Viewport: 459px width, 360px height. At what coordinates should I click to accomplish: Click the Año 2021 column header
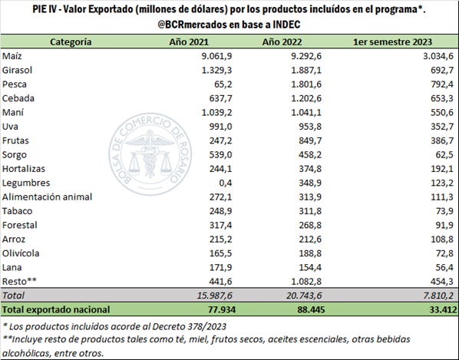tap(189, 42)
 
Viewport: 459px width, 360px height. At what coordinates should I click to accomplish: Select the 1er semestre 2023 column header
tap(392, 42)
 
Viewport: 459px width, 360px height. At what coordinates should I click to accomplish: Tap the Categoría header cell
tap(71, 42)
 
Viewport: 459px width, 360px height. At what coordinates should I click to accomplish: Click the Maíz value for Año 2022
tap(306, 56)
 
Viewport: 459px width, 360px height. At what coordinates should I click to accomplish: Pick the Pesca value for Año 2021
tap(223, 84)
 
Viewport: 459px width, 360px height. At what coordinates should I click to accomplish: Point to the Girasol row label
tap(18, 71)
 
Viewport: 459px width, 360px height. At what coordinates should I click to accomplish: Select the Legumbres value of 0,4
tap(225, 183)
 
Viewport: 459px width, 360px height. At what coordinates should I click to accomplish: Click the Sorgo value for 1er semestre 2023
tap(444, 154)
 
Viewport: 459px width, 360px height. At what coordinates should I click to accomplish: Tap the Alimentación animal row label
tap(47, 197)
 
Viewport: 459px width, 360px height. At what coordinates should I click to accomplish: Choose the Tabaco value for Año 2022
tap(310, 211)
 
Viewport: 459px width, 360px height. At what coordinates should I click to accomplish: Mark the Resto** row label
tap(19, 281)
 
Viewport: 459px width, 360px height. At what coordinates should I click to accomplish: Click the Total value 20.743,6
tap(304, 296)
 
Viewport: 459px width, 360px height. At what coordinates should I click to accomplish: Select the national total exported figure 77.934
tap(222, 309)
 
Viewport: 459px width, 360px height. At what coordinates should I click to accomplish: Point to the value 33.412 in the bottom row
tap(443, 309)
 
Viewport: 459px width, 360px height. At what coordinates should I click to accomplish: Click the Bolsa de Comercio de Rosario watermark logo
tap(150, 154)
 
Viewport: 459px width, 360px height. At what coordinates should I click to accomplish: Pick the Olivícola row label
tap(21, 253)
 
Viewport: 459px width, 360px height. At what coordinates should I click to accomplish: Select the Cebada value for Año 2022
tap(306, 98)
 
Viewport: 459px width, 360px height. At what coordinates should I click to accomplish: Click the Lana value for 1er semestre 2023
tap(444, 267)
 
